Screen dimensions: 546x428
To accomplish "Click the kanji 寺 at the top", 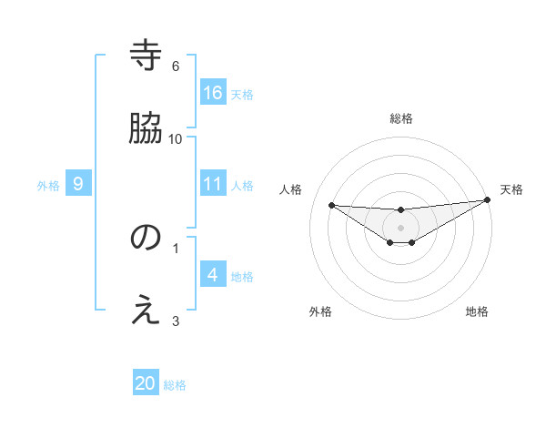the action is [146, 56].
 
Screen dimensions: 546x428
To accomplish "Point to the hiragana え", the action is [146, 310].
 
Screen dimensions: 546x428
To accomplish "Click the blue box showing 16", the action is [213, 92].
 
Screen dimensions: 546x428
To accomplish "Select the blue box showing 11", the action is [213, 184].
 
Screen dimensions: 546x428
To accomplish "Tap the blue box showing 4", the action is [213, 275].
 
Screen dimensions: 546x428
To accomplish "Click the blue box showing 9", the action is [78, 184].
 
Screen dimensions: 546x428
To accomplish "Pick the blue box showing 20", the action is [146, 383].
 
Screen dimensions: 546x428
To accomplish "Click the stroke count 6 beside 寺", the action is [176, 66].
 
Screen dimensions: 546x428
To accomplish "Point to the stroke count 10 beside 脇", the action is [176, 138].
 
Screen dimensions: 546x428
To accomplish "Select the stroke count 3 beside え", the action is [176, 320].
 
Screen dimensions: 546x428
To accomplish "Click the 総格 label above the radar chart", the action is [401, 118].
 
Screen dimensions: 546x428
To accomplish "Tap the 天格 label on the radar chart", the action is [511, 189].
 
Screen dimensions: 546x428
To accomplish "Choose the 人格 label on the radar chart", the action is [291, 189].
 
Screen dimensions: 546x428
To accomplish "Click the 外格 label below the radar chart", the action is [320, 311].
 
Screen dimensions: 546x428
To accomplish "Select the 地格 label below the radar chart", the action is [477, 311].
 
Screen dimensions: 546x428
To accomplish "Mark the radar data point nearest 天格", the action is [487, 200].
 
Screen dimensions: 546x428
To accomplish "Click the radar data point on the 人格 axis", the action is [331, 205].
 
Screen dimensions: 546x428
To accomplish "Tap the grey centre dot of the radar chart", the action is [401, 227].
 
